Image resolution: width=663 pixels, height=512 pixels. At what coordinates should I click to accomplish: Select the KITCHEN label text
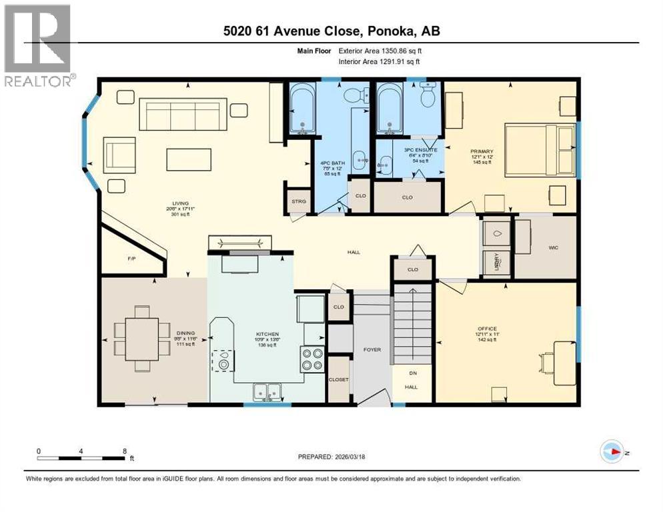[267, 334]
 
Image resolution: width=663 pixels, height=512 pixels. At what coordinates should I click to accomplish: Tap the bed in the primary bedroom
[539, 150]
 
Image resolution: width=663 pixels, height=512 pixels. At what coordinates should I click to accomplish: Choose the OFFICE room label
[486, 328]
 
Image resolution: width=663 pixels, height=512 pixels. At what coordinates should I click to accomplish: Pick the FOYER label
[372, 349]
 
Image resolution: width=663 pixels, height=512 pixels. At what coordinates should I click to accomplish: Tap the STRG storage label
[297, 201]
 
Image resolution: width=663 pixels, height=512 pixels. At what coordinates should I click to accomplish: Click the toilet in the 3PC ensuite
[428, 98]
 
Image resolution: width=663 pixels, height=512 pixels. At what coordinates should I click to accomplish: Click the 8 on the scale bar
[125, 451]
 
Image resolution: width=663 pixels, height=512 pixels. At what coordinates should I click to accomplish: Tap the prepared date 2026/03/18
[360, 457]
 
